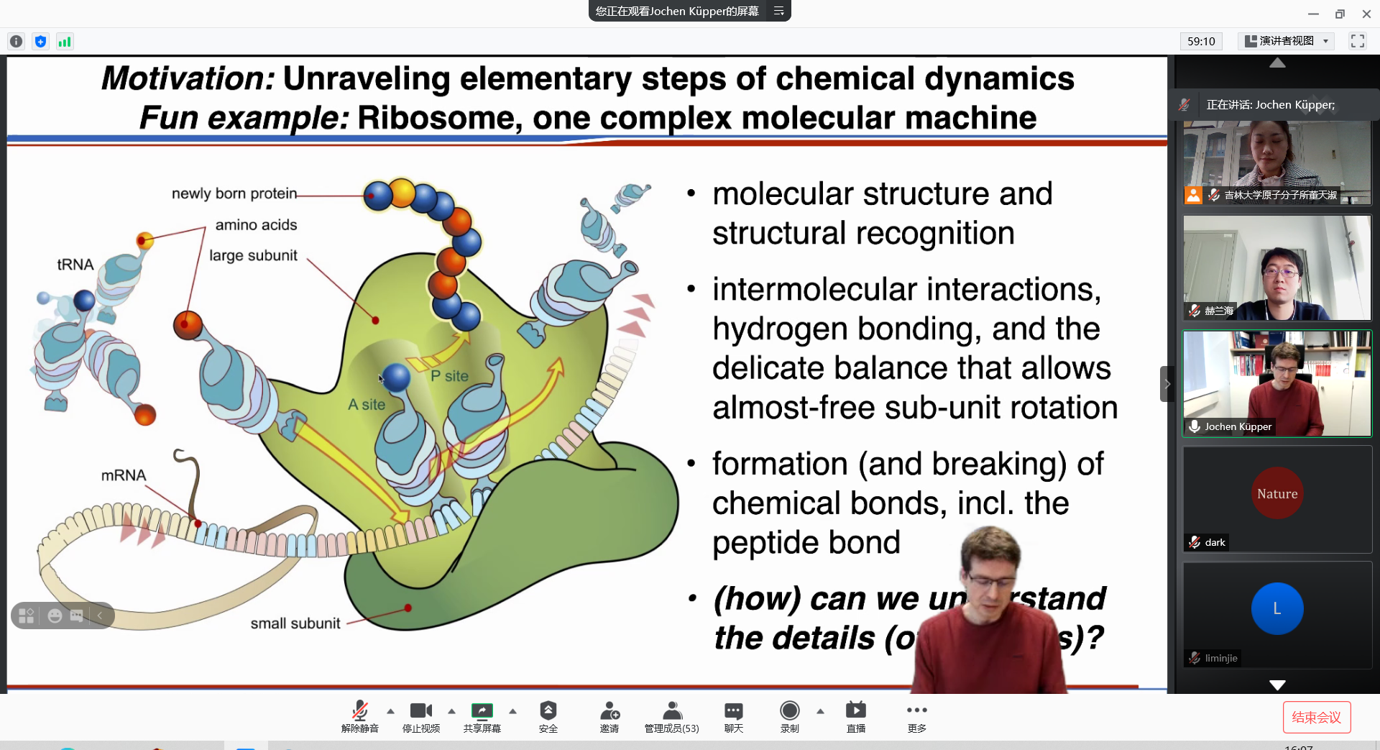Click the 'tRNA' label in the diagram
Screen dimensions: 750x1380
(x=75, y=265)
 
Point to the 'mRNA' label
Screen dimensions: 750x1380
(x=124, y=475)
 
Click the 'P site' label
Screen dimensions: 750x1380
(x=449, y=376)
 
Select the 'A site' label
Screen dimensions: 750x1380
(x=367, y=405)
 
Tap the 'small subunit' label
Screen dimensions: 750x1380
(x=295, y=623)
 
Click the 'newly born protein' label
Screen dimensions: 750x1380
(x=234, y=193)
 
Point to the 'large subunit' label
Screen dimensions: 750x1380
(x=253, y=255)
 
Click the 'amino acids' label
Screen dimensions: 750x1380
(x=256, y=225)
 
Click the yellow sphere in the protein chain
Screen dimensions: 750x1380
(x=402, y=192)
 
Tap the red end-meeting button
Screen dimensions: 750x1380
(x=1316, y=717)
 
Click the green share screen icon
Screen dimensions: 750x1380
(x=482, y=711)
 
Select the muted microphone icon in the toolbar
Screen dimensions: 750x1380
(x=359, y=711)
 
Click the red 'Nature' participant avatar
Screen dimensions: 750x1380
(x=1277, y=493)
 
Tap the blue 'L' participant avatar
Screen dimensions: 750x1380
(x=1277, y=608)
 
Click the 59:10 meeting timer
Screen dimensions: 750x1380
(x=1201, y=41)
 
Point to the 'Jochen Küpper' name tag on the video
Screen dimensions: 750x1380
(x=1238, y=426)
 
